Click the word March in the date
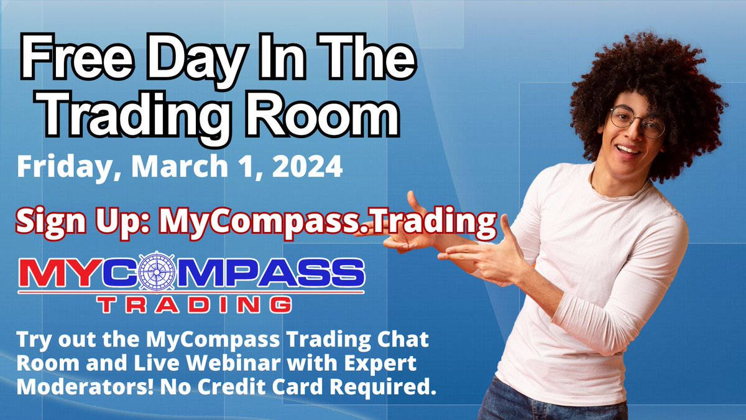185,167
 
